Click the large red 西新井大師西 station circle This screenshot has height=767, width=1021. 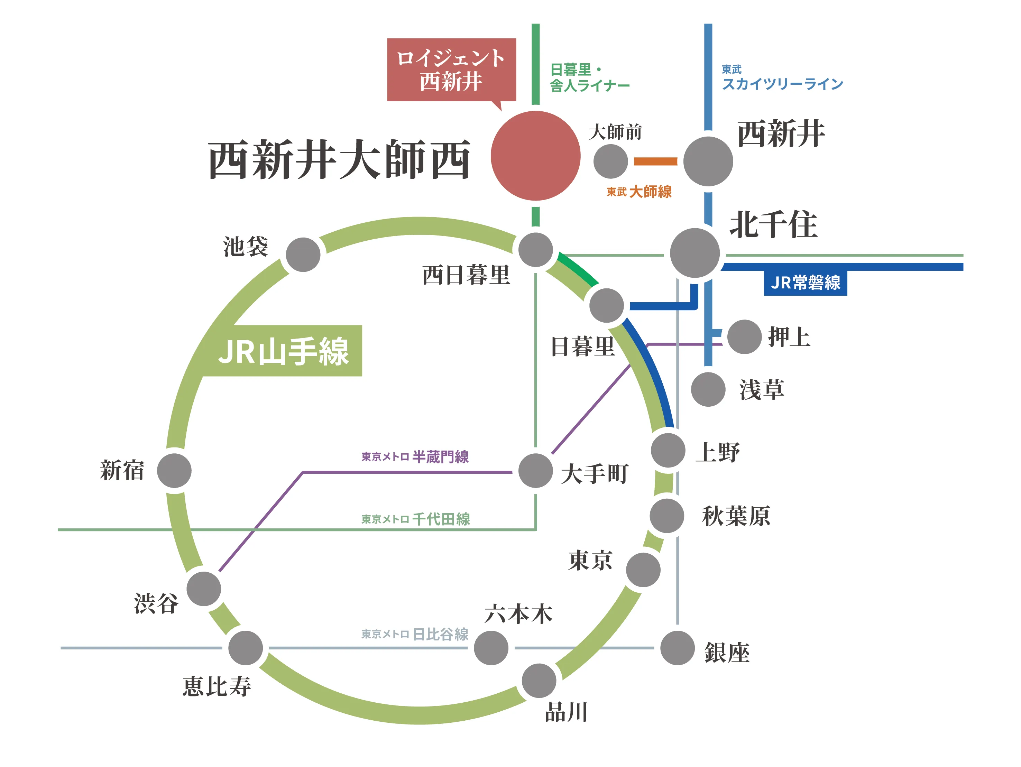pyautogui.click(x=535, y=156)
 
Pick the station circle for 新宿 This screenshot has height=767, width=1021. pyautogui.click(x=174, y=470)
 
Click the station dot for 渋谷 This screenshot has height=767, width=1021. pyautogui.click(x=204, y=589)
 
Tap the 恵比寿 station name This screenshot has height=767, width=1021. pyautogui.click(x=217, y=686)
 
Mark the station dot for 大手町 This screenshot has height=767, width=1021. pyautogui.click(x=535, y=470)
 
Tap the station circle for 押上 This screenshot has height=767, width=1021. pyautogui.click(x=744, y=336)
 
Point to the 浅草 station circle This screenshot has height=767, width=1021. pyautogui.click(x=708, y=389)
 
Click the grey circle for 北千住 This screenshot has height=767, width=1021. pyautogui.click(x=694, y=252)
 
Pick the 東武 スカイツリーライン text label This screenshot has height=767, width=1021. pyautogui.click(x=782, y=78)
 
